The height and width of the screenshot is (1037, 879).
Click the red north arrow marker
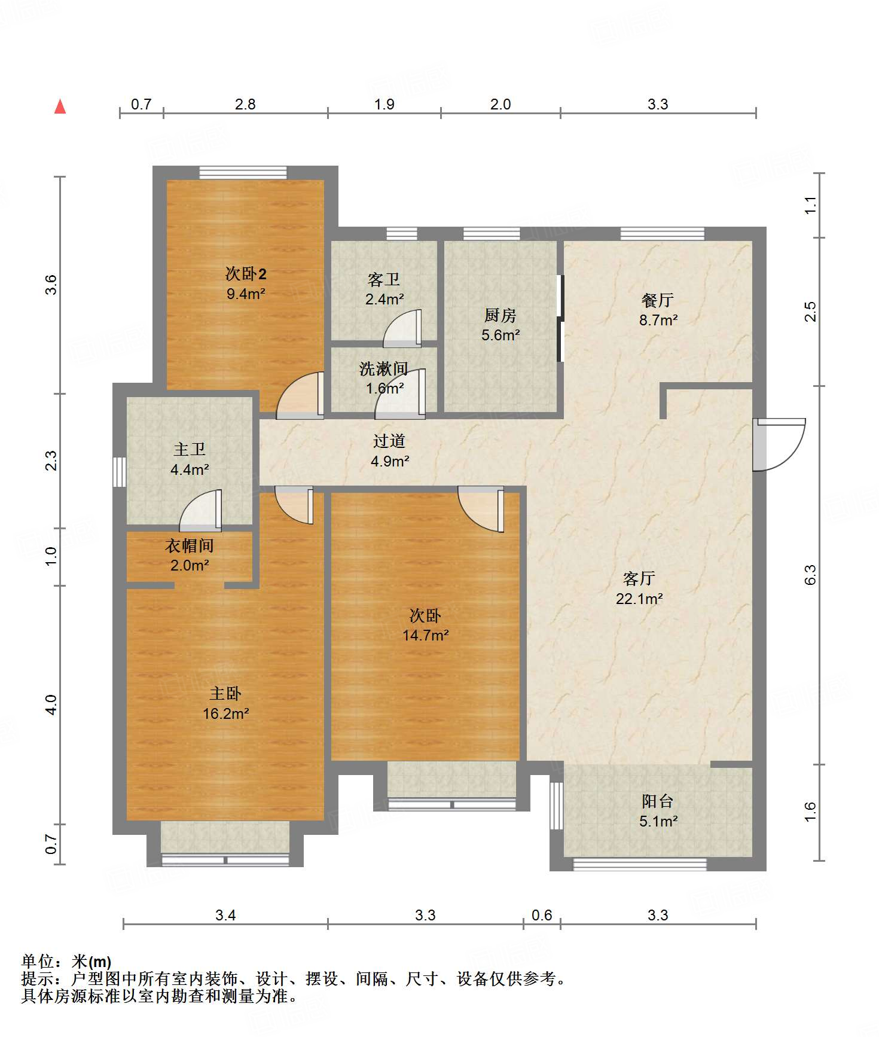coord(60,106)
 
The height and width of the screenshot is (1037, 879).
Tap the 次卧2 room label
coord(246,274)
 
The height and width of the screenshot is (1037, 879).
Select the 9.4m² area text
coord(246,294)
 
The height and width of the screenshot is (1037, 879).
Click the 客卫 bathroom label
coord(384,279)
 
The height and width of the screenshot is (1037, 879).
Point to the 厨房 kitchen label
coord(500,315)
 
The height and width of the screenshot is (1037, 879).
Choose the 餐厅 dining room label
coord(658,300)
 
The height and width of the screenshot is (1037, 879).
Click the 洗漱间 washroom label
coord(384,369)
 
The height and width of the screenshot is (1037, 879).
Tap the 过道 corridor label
coord(389,441)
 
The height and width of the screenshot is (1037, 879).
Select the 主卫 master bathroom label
coord(190,449)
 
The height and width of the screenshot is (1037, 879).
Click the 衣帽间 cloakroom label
coord(190,545)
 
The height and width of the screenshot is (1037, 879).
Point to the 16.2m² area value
coord(225,713)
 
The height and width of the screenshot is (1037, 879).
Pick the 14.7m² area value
coord(425,635)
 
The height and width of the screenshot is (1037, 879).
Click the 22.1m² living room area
coord(639,599)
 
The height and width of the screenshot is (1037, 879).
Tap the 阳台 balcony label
coord(658,801)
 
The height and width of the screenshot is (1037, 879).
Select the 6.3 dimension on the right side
coord(810,575)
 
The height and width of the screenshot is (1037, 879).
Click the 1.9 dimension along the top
coord(384,104)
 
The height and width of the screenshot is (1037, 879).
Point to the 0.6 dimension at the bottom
coord(542,915)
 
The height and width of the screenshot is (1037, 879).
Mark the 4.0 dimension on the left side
coord(51,704)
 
